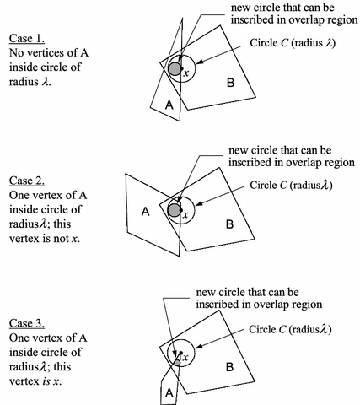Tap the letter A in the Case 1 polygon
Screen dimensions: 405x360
click(169, 105)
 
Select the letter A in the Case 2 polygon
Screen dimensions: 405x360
click(144, 213)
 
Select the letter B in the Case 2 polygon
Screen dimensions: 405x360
click(228, 225)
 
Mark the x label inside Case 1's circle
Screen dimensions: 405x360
click(186, 74)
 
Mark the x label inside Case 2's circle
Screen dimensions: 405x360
click(186, 215)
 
